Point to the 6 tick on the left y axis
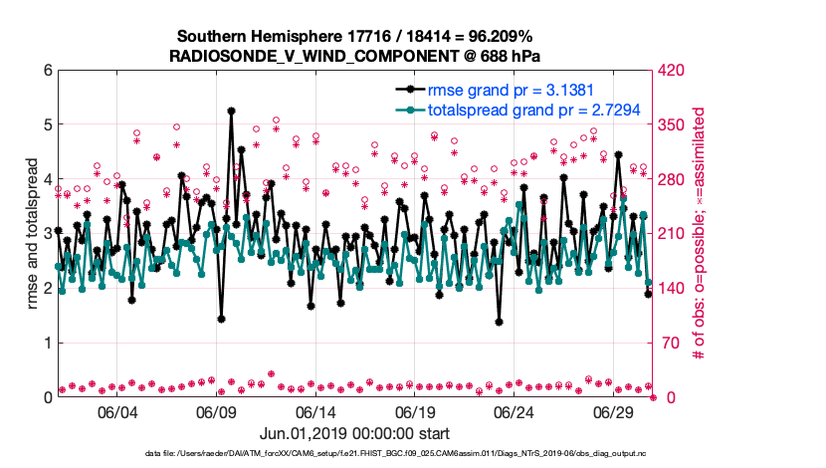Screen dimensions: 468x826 (47, 71)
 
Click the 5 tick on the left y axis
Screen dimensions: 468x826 (47, 125)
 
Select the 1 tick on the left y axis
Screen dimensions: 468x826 (47, 344)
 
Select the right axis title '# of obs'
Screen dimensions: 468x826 (701, 234)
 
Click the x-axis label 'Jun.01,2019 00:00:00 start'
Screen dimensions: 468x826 (355, 434)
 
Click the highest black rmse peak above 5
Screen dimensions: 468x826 (231, 111)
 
